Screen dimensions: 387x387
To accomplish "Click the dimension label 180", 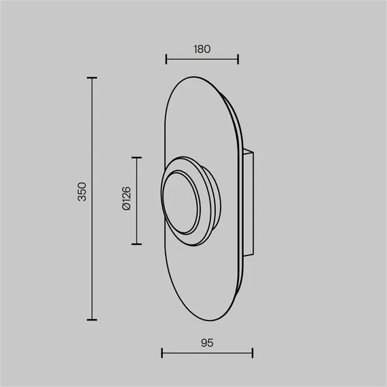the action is coord(202,49).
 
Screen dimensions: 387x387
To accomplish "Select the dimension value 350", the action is coord(82,191).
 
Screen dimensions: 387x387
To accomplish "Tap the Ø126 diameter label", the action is coord(126,198).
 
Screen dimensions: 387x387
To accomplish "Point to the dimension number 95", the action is coord(207,343).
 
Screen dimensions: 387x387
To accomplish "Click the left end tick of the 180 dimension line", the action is coord(166,59).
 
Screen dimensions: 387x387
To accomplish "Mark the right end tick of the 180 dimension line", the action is coord(238,59).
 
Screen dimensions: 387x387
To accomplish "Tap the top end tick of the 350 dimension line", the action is coord(92,78).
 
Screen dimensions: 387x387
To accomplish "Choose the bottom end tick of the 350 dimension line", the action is coord(92,320).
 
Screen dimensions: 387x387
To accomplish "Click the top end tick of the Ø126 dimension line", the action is coord(136,158).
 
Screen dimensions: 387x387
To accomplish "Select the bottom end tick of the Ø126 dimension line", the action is coord(136,244).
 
